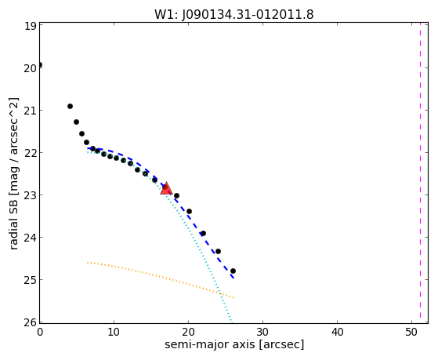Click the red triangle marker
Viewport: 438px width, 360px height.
(x=166, y=188)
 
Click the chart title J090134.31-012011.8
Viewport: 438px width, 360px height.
(x=248, y=15)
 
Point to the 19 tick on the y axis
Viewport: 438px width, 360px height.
(x=31, y=27)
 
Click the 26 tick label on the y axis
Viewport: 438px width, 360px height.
(x=31, y=322)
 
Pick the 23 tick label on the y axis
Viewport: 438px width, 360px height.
(x=31, y=195)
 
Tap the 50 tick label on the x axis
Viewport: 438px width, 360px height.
(x=411, y=332)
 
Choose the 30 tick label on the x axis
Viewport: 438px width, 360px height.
(x=262, y=332)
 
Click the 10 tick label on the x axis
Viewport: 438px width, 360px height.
(x=114, y=332)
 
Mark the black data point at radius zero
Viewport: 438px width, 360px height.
(x=40, y=65)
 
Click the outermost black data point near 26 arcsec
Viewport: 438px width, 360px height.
(x=233, y=271)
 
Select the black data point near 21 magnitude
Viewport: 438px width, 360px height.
(x=70, y=107)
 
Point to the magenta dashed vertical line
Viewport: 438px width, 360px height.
(x=420, y=173)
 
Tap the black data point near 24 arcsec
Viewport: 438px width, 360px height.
(x=218, y=252)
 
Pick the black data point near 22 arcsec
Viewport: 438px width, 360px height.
(x=204, y=233)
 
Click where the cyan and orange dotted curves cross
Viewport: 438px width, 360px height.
(x=219, y=293)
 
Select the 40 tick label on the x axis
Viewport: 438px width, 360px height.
(x=337, y=332)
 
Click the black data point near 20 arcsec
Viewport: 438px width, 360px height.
(x=189, y=211)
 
